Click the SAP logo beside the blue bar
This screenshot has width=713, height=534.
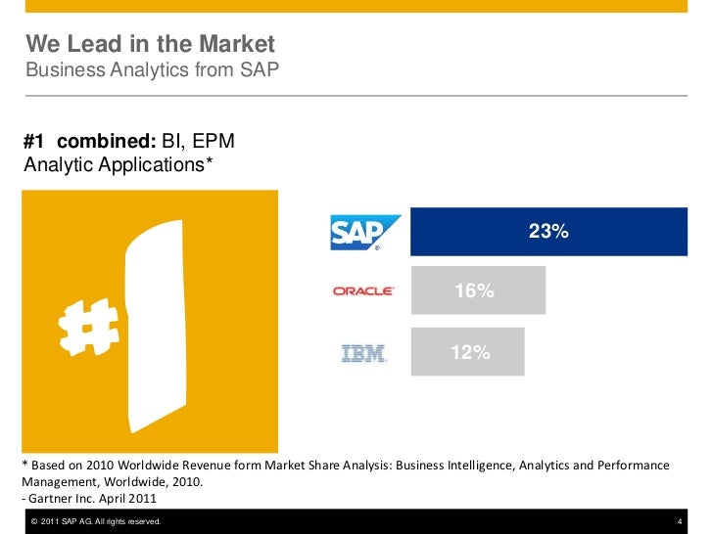[364, 232]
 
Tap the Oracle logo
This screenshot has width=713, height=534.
[363, 291]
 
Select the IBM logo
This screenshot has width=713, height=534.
[363, 353]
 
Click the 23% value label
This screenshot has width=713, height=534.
[548, 232]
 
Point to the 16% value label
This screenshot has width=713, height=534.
[472, 291]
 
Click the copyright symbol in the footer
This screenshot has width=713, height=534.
[35, 521]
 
